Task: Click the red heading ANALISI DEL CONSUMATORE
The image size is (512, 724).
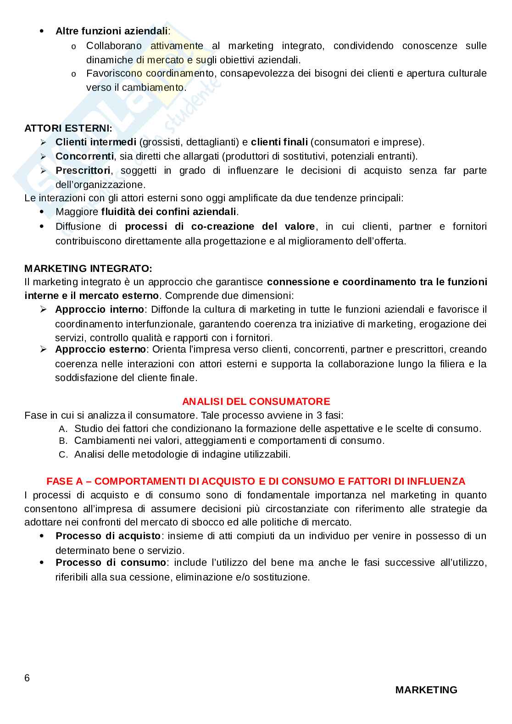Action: (x=256, y=402)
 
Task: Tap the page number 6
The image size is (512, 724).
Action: (x=27, y=678)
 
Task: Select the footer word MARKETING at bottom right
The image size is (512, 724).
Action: (x=426, y=690)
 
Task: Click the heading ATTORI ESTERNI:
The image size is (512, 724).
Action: (x=68, y=128)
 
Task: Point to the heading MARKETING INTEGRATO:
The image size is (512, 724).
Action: (x=88, y=268)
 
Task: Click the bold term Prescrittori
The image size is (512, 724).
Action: (x=83, y=171)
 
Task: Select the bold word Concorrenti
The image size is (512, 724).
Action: (x=84, y=156)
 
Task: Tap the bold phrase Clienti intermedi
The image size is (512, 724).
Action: (x=95, y=142)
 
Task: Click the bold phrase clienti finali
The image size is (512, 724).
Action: (x=279, y=142)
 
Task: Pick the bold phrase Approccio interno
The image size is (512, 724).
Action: (x=100, y=309)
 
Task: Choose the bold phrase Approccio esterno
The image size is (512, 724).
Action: (x=100, y=349)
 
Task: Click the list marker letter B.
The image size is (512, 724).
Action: (x=63, y=441)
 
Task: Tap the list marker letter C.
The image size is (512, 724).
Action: (x=63, y=455)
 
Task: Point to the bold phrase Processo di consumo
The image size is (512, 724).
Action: (x=111, y=563)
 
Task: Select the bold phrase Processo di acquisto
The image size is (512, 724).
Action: (x=108, y=536)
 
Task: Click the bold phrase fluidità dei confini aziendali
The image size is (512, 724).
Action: (x=168, y=212)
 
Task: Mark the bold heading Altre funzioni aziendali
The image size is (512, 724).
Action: (x=111, y=31)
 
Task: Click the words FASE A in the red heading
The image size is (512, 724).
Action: (x=65, y=481)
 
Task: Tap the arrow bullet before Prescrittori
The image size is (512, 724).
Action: (x=44, y=171)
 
